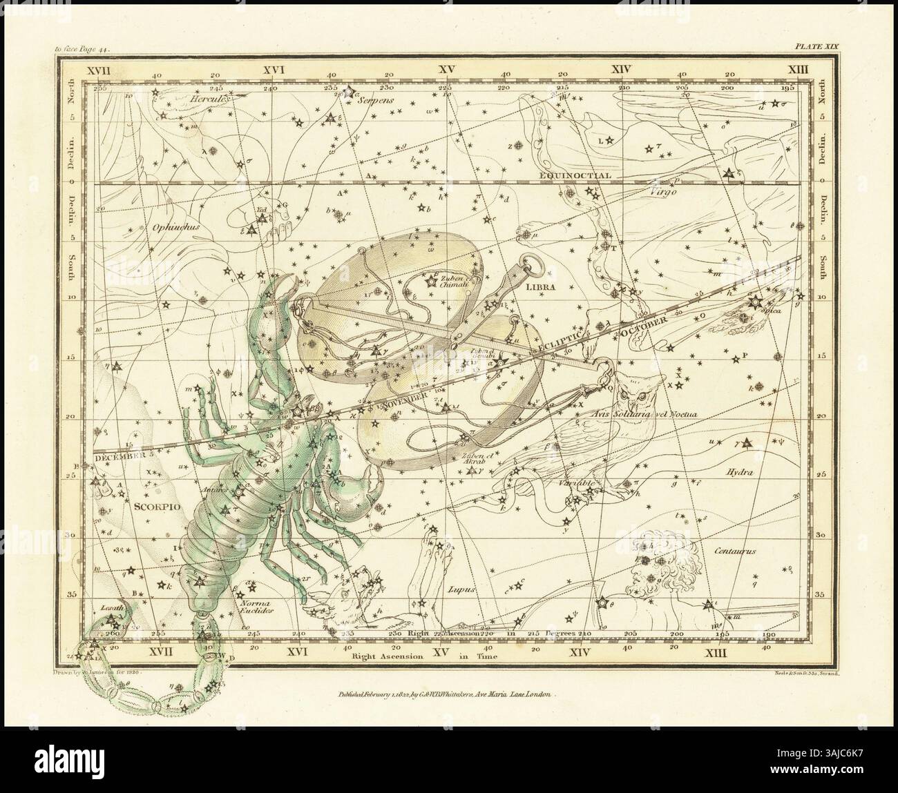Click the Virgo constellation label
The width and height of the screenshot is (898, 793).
tap(668, 193)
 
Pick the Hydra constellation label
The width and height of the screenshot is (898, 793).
tap(738, 473)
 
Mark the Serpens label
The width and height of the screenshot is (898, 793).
tap(376, 99)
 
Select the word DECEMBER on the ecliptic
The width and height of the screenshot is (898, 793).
tap(117, 456)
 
